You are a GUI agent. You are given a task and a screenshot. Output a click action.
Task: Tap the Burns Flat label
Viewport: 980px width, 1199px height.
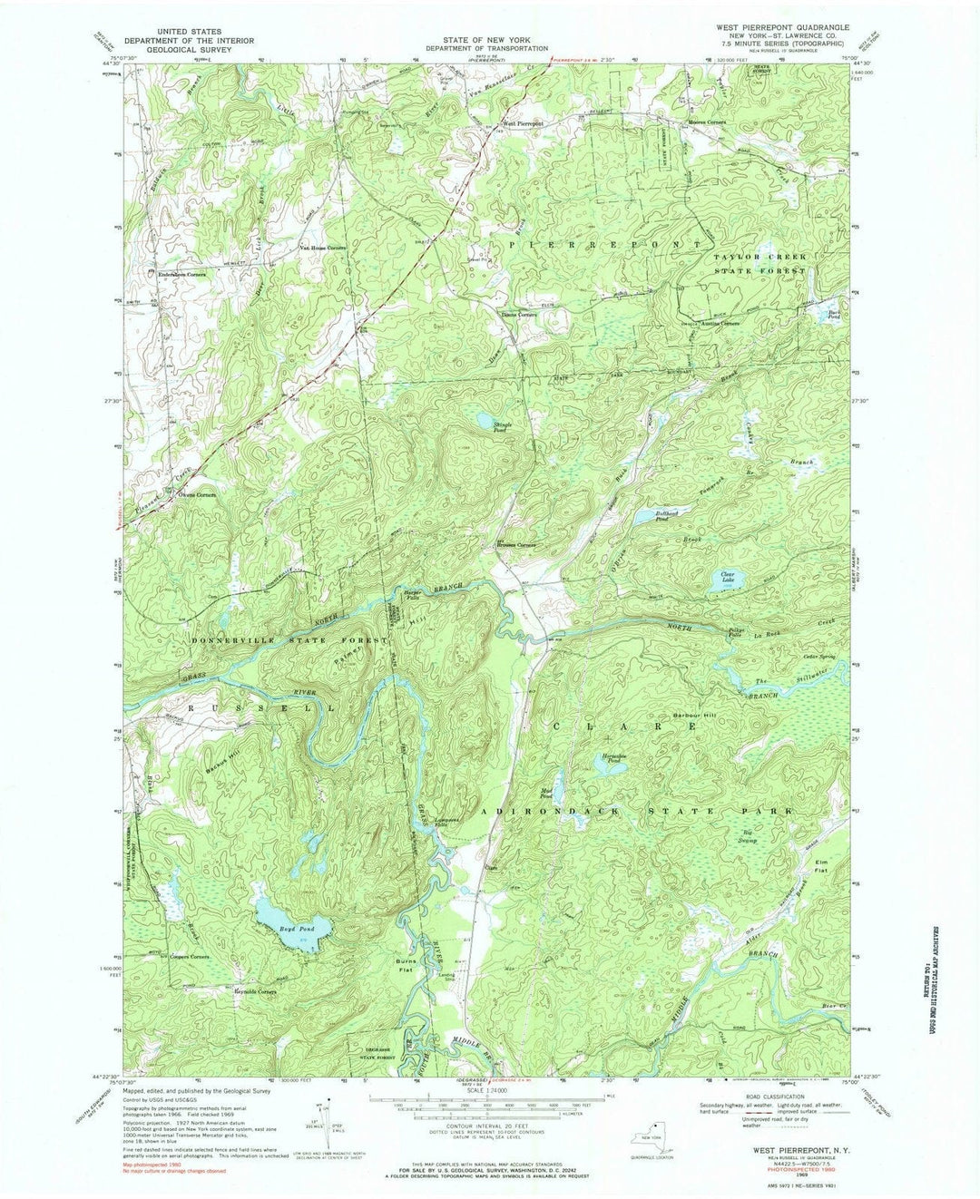[406, 965]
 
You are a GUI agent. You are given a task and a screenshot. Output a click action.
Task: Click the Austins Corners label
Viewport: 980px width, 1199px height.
[718, 323]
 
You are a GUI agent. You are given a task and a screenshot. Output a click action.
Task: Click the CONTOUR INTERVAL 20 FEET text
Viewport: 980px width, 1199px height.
[489, 1122]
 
